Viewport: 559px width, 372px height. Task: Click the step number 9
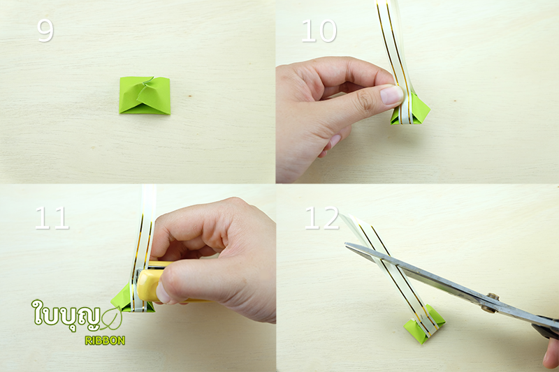click(45, 31)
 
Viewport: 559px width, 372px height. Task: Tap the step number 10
click(319, 31)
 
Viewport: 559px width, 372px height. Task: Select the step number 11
click(52, 218)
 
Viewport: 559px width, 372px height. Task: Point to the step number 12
click(321, 218)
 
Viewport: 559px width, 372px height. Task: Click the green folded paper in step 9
click(145, 95)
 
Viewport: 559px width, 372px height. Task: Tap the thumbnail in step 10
click(392, 95)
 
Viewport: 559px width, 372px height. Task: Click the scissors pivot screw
click(493, 298)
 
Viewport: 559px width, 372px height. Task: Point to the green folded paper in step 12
click(424, 325)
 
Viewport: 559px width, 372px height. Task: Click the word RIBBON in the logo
click(105, 341)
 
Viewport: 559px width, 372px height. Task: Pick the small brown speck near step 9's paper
click(190, 96)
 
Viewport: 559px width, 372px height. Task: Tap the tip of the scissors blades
click(345, 244)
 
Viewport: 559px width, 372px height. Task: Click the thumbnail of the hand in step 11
click(162, 293)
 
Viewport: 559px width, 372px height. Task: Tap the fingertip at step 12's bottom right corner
click(551, 354)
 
